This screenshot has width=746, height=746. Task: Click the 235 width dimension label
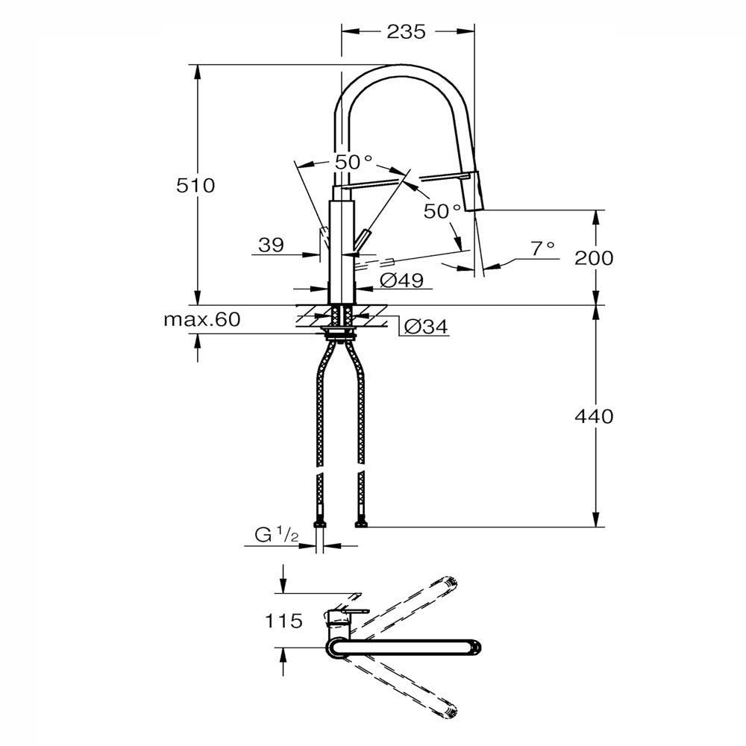pos(406,32)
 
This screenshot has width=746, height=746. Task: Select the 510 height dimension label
pos(195,185)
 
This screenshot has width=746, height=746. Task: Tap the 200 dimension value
pos(594,258)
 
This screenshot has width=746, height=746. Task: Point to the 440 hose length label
pos(594,416)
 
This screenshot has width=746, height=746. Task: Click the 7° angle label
pos(543,248)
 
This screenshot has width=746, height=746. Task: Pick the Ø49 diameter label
pos(401,280)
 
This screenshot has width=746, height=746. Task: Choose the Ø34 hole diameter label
pos(426,327)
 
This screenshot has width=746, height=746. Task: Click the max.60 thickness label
pos(202,319)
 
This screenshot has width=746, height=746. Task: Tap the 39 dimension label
pos(272,245)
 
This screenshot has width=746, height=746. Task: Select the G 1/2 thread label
pos(277,535)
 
